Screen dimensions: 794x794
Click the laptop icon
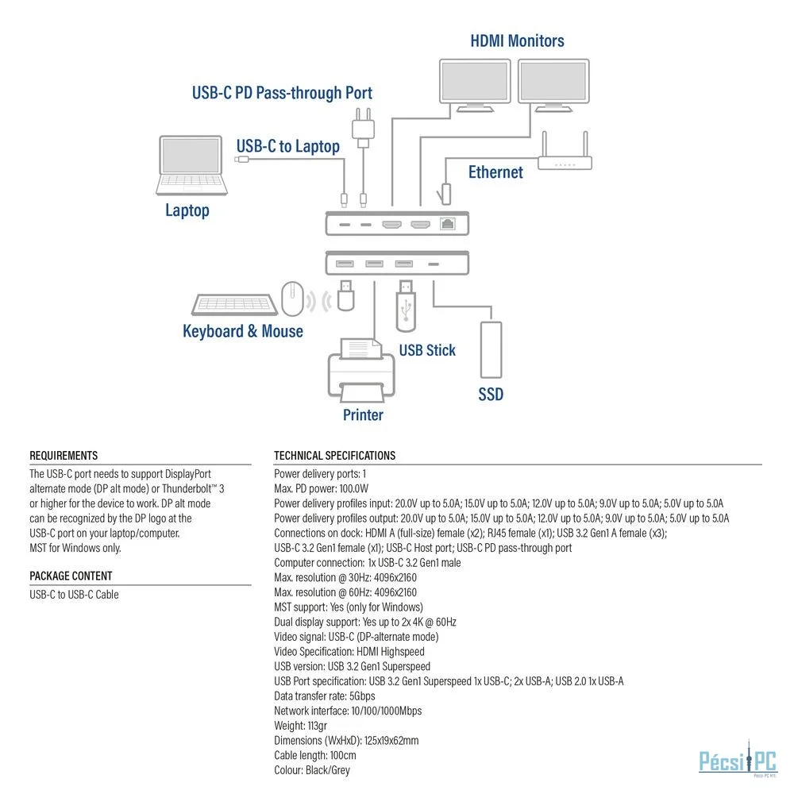click(191, 165)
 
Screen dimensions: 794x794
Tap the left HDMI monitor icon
click(475, 85)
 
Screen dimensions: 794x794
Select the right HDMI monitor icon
click(553, 85)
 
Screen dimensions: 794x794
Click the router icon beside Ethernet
click(565, 151)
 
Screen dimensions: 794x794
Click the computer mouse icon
click(292, 299)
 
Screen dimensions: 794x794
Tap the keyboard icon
click(234, 304)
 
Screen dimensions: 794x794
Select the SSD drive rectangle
click(491, 350)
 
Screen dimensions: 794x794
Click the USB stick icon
click(406, 306)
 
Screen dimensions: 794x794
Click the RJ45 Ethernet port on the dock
click(448, 223)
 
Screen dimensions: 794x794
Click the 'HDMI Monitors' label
click(517, 41)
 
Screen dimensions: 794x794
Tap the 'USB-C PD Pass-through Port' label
click(282, 93)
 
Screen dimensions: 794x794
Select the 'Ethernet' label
click(495, 172)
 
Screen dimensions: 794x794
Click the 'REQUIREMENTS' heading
click(64, 456)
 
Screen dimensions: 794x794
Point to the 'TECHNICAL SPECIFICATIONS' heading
click(335, 456)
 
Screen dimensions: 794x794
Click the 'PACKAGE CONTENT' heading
click(71, 576)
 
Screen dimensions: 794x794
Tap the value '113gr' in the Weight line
click(318, 726)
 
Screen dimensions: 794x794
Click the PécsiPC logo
click(738, 758)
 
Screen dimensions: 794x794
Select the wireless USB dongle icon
click(346, 295)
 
